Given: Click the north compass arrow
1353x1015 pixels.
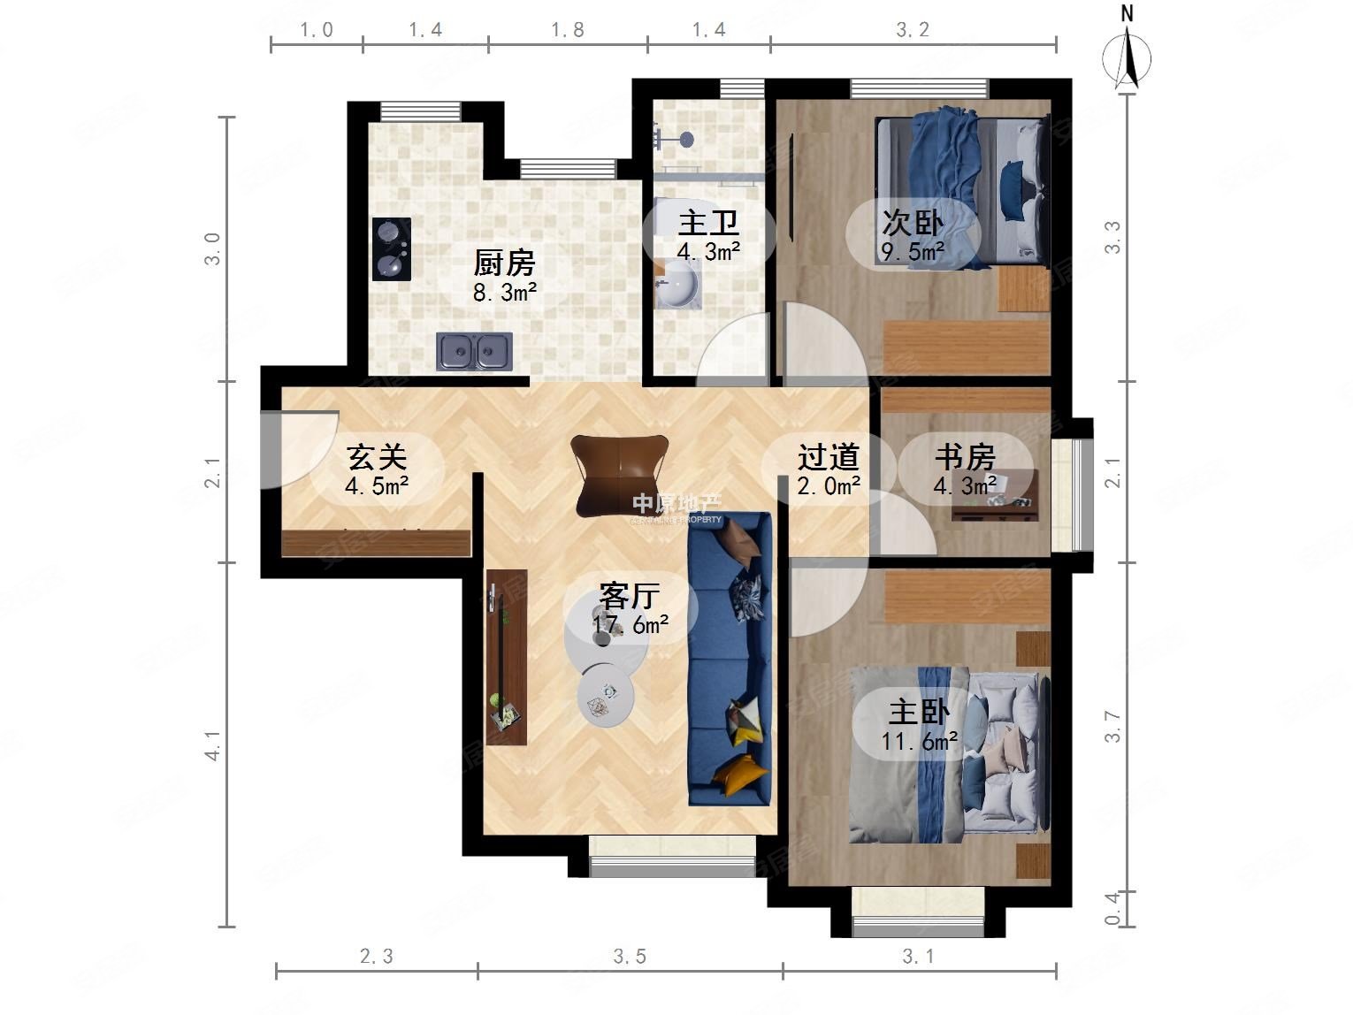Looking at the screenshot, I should [x=1127, y=55].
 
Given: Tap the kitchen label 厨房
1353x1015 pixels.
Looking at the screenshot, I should [x=504, y=263].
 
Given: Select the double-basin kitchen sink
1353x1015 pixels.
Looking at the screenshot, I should [x=474, y=351].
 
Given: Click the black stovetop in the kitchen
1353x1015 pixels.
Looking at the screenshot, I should [x=391, y=249].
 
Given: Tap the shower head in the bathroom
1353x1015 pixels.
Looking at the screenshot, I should [x=685, y=139].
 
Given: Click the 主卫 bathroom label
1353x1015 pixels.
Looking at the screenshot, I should [x=708, y=223].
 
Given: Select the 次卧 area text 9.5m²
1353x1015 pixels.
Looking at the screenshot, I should [x=913, y=252].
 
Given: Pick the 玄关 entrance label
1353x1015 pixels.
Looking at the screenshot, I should [x=377, y=457].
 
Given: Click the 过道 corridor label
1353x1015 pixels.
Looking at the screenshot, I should [x=829, y=457].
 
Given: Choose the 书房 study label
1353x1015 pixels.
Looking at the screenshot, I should [x=965, y=457].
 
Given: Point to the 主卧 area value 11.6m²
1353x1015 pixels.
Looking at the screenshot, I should [x=920, y=741].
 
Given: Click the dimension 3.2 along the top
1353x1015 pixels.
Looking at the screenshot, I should [x=913, y=30].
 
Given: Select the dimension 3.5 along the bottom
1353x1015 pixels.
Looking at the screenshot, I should [x=630, y=956].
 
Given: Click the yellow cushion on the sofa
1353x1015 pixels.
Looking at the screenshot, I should [x=739, y=775].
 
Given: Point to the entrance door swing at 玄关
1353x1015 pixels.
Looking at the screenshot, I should [x=296, y=451].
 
